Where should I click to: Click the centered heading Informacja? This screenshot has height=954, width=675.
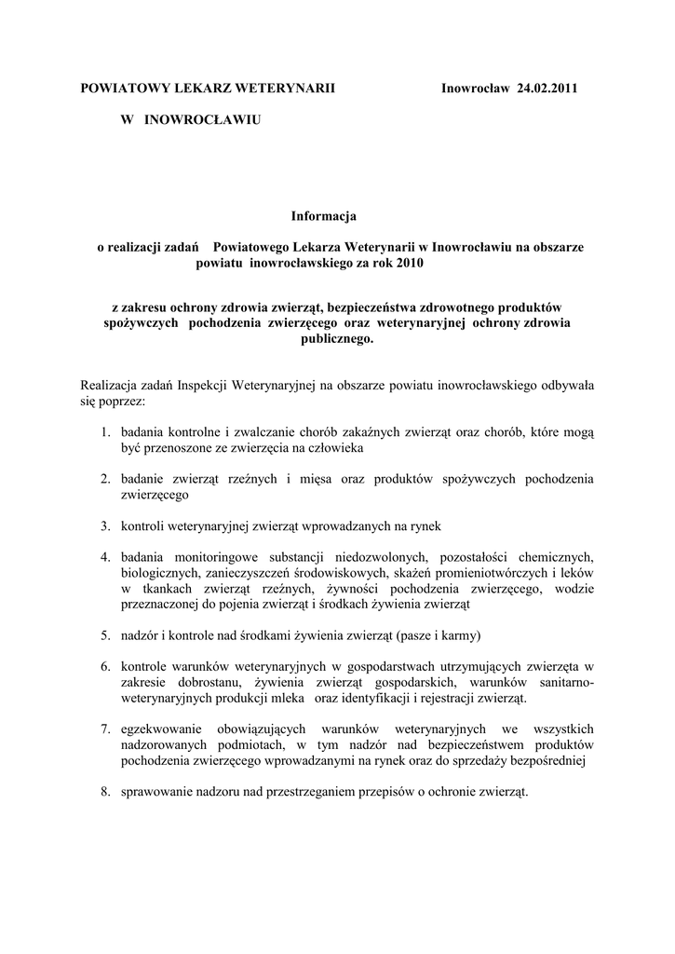[x=323, y=216]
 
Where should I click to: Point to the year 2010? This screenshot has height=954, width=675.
[x=406, y=264]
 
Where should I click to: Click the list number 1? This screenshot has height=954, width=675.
[x=107, y=432]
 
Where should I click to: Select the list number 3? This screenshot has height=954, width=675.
[x=107, y=526]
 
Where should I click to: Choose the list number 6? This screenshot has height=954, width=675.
[x=107, y=667]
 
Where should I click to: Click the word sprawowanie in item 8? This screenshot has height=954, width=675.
[x=157, y=792]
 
